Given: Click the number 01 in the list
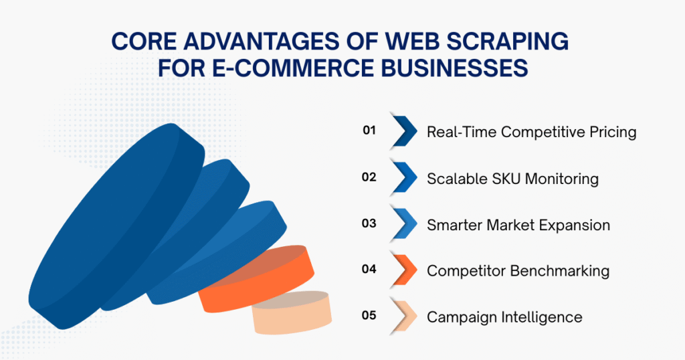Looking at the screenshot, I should coord(369,131).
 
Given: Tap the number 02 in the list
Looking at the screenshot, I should coord(369,178).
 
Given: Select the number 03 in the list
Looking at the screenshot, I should coord(369,223).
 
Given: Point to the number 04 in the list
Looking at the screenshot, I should coord(369,270).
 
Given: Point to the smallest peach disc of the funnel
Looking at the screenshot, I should coord(292,313).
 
